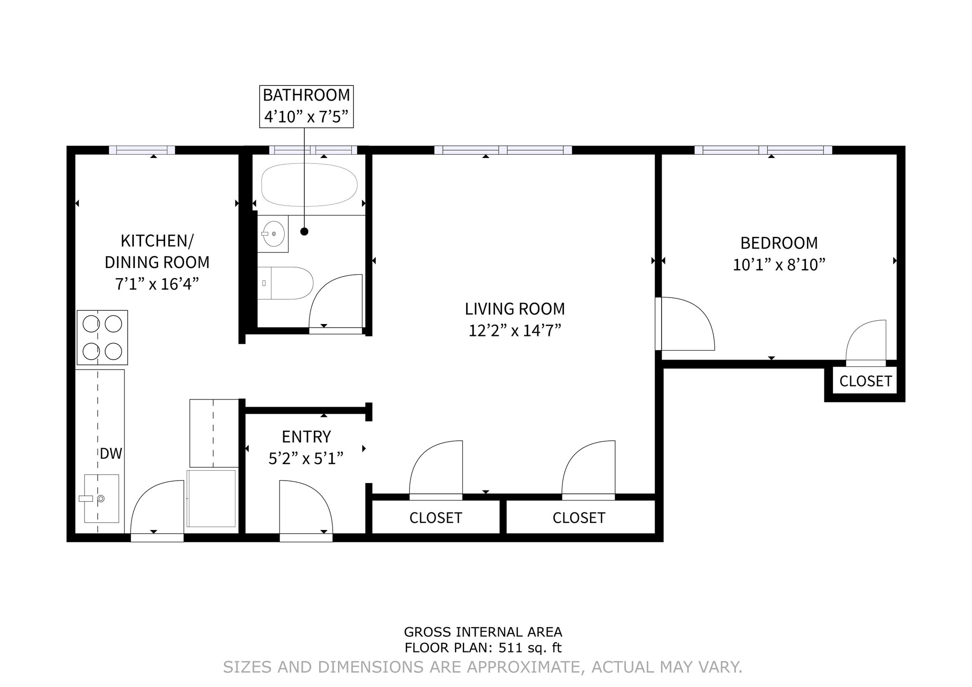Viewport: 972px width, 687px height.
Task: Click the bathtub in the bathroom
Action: tap(309, 185)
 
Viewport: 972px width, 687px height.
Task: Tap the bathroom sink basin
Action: tap(274, 233)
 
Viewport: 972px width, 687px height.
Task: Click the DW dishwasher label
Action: tap(111, 454)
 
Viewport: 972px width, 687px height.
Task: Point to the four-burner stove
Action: tap(102, 337)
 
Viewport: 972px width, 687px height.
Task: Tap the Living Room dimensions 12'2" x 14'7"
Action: tap(514, 330)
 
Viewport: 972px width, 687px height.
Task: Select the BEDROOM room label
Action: tap(779, 243)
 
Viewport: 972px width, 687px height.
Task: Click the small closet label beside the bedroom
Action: tap(865, 381)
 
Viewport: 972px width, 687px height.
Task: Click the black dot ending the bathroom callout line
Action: tap(304, 232)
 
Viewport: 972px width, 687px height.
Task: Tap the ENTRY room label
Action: tap(306, 436)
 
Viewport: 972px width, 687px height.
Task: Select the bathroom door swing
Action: tap(336, 301)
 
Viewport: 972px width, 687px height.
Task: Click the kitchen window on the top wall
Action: tap(142, 150)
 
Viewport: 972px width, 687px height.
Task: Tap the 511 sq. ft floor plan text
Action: tap(483, 648)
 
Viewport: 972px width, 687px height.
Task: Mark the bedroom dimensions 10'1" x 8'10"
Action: tap(779, 265)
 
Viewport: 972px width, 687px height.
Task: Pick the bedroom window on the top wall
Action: tap(763, 150)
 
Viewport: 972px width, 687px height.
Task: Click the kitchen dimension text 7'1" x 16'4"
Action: tap(157, 284)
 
